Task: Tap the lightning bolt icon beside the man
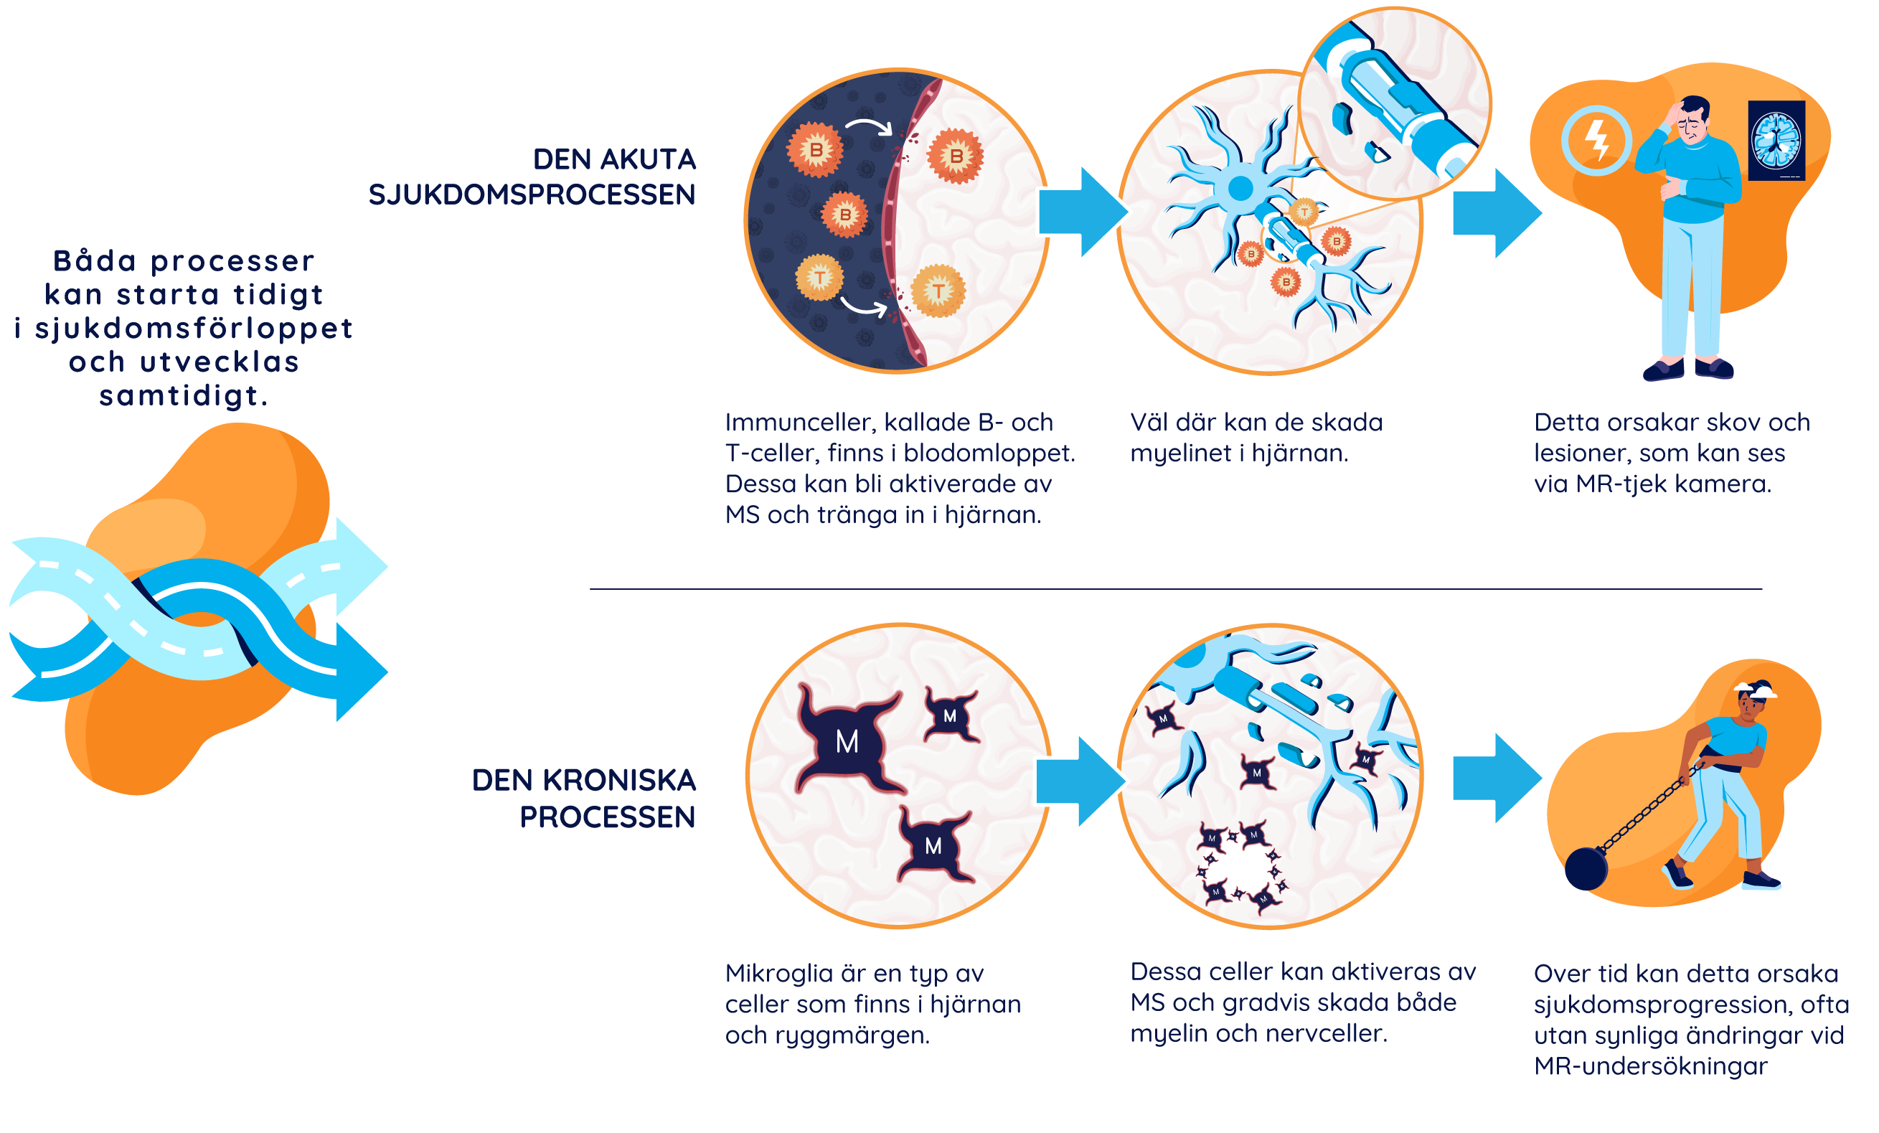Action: click(1596, 141)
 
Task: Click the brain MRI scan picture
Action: click(1776, 141)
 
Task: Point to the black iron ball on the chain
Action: click(1586, 868)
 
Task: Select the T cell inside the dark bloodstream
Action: click(820, 278)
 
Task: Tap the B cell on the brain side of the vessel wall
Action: click(955, 156)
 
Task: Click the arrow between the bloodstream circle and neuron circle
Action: click(1082, 212)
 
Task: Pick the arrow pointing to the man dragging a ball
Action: click(1496, 778)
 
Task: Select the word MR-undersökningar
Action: click(1650, 1066)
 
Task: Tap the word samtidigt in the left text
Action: click(183, 395)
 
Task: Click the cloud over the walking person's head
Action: click(1756, 690)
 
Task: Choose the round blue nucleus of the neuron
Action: click(1240, 187)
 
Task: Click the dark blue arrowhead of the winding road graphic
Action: click(362, 672)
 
